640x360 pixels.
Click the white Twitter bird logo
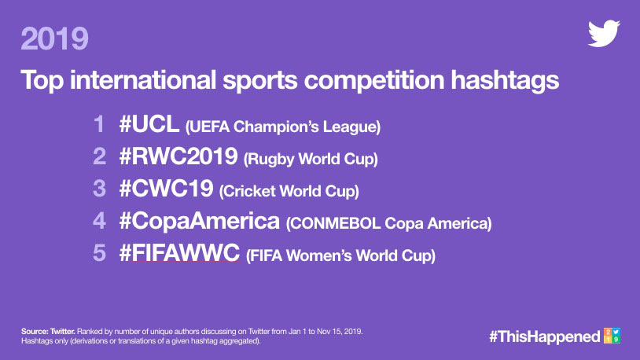[604, 33]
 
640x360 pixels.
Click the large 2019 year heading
[54, 39]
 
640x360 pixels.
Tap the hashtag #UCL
[149, 124]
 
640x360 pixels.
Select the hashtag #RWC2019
[178, 156]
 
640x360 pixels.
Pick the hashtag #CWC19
[166, 189]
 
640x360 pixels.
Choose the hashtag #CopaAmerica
[200, 221]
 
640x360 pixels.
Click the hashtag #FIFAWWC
[179, 253]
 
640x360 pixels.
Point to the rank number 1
[99, 124]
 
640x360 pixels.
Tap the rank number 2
[99, 156]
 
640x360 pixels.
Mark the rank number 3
[99, 189]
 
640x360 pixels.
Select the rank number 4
[99, 221]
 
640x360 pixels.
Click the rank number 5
[99, 253]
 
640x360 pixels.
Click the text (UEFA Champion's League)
[283, 127]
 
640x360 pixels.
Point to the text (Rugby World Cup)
[311, 160]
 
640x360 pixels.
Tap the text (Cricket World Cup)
[289, 192]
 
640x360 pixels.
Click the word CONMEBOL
[334, 224]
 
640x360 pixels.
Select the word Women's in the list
[319, 256]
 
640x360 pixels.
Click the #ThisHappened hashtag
[545, 336]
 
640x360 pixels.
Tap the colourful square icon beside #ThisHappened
[612, 336]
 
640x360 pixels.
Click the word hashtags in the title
[505, 80]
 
